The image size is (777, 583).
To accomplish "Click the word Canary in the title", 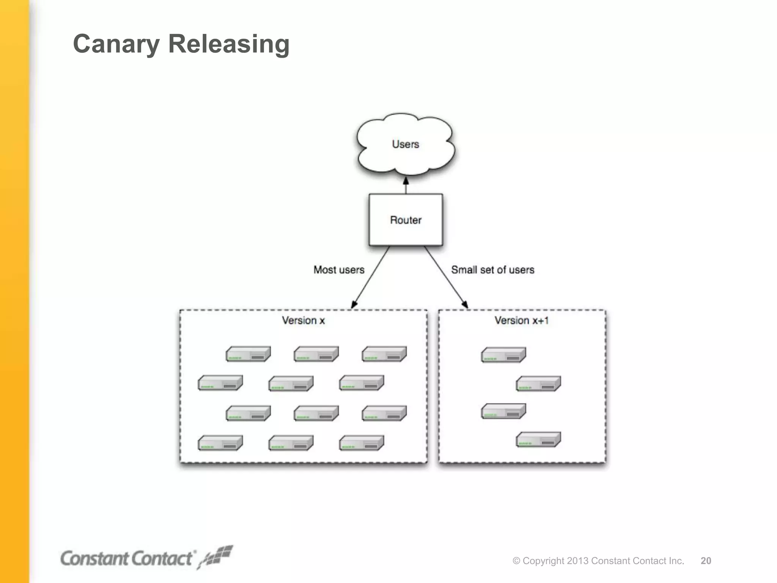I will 116,44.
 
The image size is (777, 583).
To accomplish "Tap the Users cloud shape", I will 405,144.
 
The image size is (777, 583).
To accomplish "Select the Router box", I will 406,220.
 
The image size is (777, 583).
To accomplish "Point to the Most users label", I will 339,270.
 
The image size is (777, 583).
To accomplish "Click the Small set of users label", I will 492,270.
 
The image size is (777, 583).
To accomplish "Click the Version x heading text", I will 303,321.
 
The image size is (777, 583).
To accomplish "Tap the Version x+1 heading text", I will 521,321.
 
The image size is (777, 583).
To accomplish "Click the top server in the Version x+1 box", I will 503,355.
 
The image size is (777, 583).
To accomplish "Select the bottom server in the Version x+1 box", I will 538,440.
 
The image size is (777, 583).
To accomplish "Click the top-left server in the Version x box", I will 248,354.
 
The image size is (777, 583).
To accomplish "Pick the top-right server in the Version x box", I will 384,354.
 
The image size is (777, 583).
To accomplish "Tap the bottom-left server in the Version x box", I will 220,443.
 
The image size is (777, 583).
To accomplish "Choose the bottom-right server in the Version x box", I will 361,443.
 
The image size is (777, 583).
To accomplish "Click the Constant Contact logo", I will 146,558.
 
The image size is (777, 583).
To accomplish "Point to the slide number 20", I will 706,561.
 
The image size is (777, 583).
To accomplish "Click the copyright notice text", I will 598,561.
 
